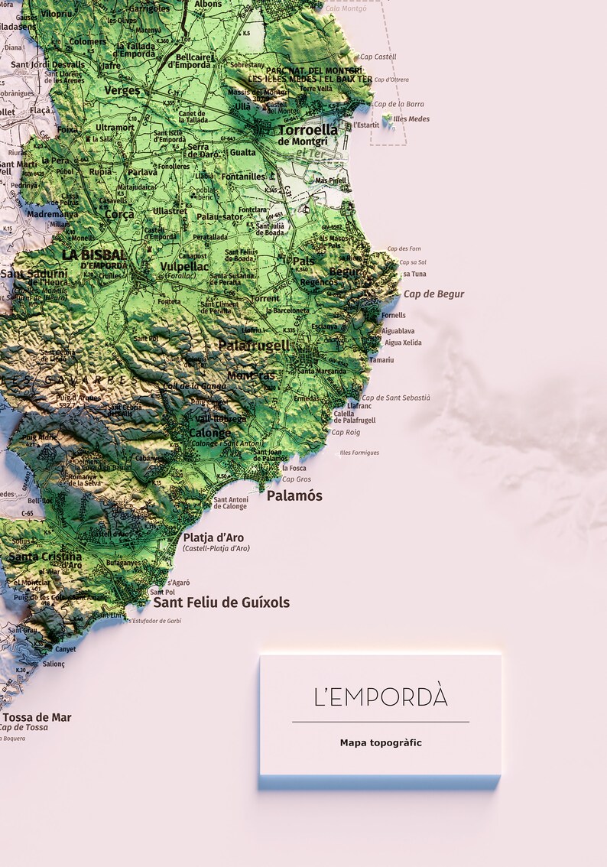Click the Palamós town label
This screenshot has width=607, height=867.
pyautogui.click(x=294, y=496)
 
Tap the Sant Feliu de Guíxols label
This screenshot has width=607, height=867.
pyautogui.click(x=222, y=602)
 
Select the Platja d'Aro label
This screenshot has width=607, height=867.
pyautogui.click(x=213, y=537)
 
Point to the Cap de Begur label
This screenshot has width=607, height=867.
pyautogui.click(x=433, y=294)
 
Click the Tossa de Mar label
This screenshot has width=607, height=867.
pyautogui.click(x=37, y=717)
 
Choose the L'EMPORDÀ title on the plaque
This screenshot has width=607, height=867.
pyautogui.click(x=381, y=697)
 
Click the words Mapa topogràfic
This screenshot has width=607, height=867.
pyautogui.click(x=381, y=742)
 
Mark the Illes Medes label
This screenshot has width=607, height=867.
pyautogui.click(x=411, y=119)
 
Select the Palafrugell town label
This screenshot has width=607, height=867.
pyautogui.click(x=254, y=346)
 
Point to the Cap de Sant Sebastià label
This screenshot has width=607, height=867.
pyautogui.click(x=396, y=398)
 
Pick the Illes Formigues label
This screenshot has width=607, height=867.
pyautogui.click(x=359, y=453)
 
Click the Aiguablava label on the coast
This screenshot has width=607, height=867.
pyautogui.click(x=398, y=331)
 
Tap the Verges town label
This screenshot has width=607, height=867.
pyautogui.click(x=122, y=91)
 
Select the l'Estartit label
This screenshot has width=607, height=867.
pyautogui.click(x=365, y=125)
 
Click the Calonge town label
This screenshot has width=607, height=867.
pyautogui.click(x=209, y=433)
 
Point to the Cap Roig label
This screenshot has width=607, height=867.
pyautogui.click(x=346, y=433)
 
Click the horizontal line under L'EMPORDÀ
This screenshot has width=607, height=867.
pyautogui.click(x=381, y=722)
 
